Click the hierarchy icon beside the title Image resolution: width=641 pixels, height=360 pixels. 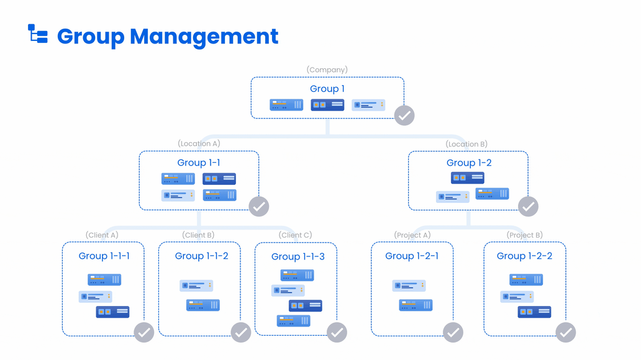click(38, 34)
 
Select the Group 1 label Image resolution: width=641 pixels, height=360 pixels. click(327, 89)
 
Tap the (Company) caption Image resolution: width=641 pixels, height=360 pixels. click(327, 70)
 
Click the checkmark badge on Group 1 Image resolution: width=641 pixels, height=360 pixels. click(404, 115)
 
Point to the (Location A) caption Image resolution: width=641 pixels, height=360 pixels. click(199, 143)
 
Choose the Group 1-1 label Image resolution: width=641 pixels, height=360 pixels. click(199, 163)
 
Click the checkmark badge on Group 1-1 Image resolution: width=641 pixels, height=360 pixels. click(258, 206)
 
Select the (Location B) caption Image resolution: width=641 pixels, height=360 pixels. click(466, 144)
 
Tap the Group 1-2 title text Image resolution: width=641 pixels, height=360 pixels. click(469, 163)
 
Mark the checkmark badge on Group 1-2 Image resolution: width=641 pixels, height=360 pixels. click(528, 206)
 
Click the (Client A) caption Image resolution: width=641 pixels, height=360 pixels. click(102, 235)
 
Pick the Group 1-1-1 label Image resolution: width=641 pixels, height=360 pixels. click(104, 256)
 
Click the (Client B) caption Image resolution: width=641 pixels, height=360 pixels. click(198, 235)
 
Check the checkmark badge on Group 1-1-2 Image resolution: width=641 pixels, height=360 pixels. click(241, 333)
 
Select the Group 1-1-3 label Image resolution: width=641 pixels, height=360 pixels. click(298, 256)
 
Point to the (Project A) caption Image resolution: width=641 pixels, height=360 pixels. click(412, 235)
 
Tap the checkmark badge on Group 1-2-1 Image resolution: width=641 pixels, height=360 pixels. click(453, 333)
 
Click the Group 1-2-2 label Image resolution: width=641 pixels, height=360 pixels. click(524, 256)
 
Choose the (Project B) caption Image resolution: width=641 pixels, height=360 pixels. click(525, 235)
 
